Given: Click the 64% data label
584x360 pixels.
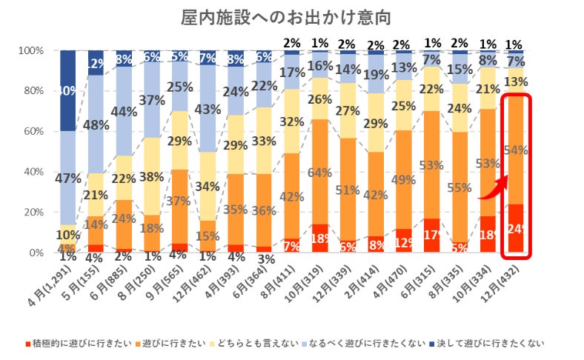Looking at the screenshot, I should pos(319,173).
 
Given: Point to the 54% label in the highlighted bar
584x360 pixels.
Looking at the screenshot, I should pos(517,150).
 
